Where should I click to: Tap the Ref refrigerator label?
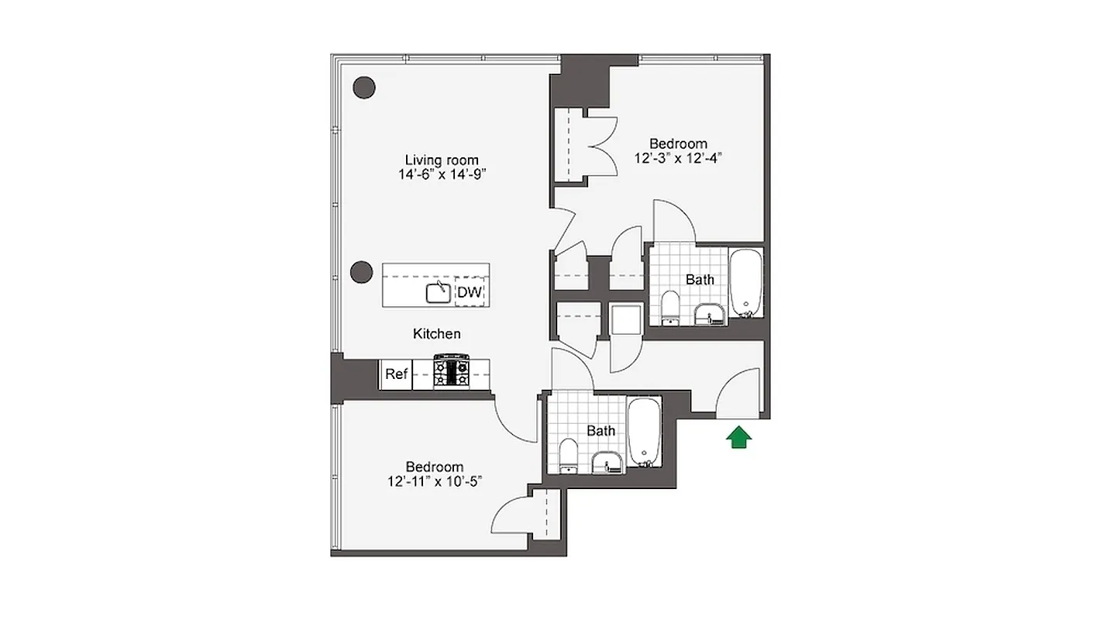(396, 374)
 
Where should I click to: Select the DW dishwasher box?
(470, 292)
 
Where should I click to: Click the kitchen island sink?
(439, 292)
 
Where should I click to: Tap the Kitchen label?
(437, 334)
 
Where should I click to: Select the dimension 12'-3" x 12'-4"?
(678, 158)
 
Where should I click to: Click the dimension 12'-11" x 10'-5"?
(435, 481)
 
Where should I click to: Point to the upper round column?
(364, 88)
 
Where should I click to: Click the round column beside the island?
(362, 271)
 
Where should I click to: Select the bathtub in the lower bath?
(642, 432)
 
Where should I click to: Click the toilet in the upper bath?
(671, 307)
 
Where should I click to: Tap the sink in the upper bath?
(710, 312)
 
